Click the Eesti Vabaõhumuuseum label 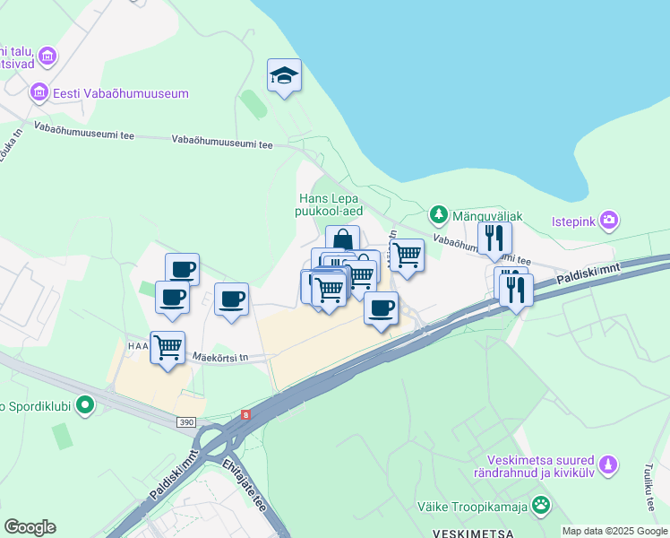pyautogui.click(x=120, y=93)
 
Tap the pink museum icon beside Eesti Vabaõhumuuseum pyautogui.click(x=39, y=92)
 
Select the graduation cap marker pyautogui.click(x=284, y=76)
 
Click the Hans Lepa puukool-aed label pyautogui.click(x=330, y=204)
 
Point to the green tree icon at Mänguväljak pyautogui.click(x=438, y=214)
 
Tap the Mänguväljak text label pyautogui.click(x=487, y=216)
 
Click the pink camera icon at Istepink pyautogui.click(x=609, y=219)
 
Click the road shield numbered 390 pyautogui.click(x=185, y=421)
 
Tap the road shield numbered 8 pyautogui.click(x=245, y=414)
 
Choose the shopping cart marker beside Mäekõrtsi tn pyautogui.click(x=167, y=346)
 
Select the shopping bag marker pyautogui.click(x=342, y=239)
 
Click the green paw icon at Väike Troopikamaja pyautogui.click(x=540, y=506)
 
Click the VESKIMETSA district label pyautogui.click(x=472, y=533)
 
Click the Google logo pyautogui.click(x=30, y=527)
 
